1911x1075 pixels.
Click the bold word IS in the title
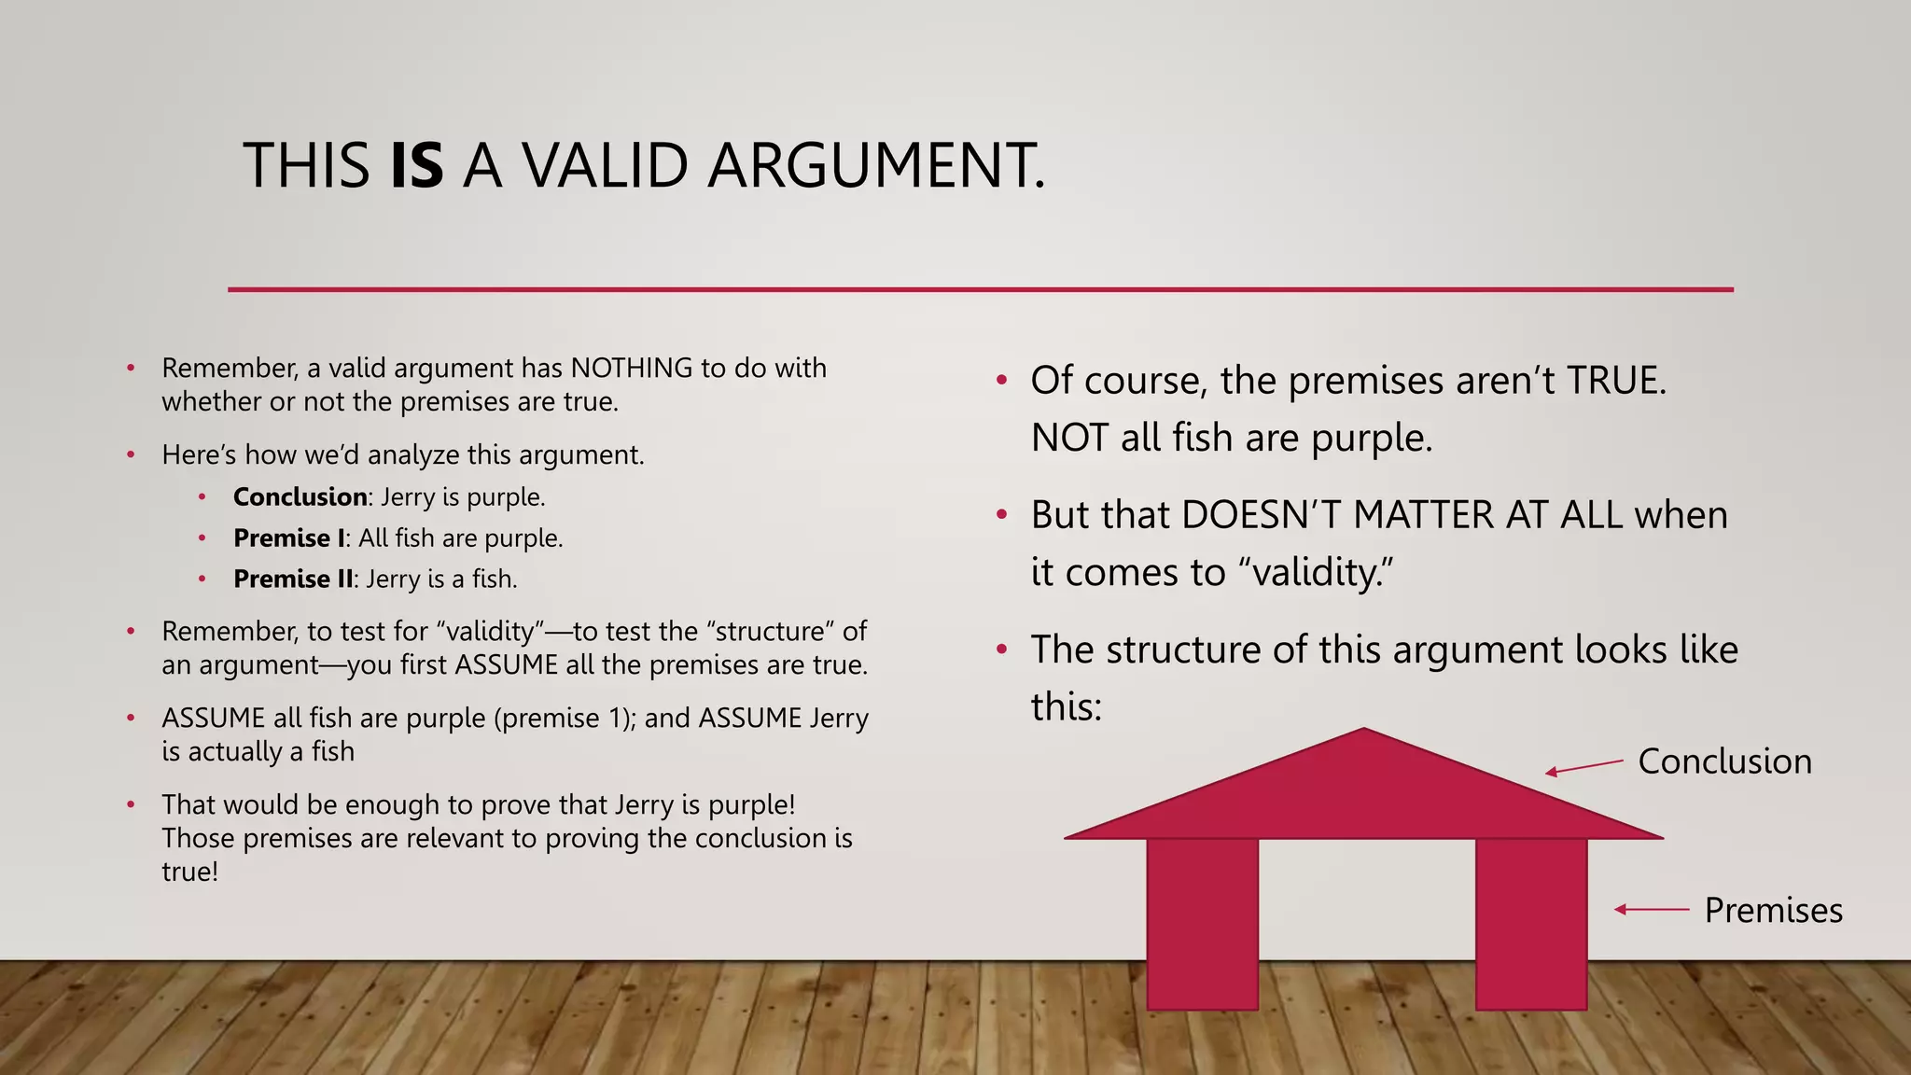coord(416,166)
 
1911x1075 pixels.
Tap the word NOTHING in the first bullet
coord(632,368)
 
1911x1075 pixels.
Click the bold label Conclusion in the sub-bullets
coord(300,496)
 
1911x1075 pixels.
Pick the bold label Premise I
coord(288,537)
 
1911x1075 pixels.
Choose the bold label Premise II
coord(293,579)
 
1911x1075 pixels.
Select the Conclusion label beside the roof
coord(1724,761)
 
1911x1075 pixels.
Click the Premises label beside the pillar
coord(1773,910)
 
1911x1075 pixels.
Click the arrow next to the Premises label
coord(1652,909)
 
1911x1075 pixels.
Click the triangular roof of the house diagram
coord(1363,793)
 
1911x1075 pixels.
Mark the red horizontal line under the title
coord(980,289)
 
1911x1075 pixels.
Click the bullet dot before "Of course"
coord(1001,381)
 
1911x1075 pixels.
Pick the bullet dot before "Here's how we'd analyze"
coord(132,454)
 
